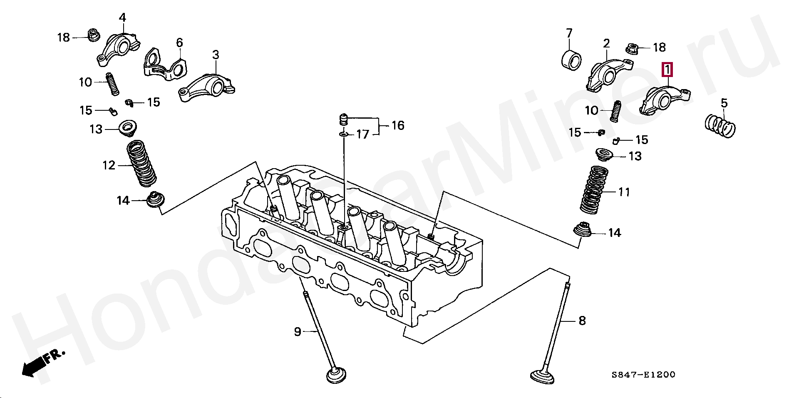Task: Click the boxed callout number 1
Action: pos(667,70)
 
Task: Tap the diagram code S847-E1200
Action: pos(643,375)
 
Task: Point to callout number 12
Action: pos(109,165)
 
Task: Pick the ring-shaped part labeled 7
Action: pos(572,60)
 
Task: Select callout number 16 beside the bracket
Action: pos(398,125)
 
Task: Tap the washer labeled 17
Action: pos(343,134)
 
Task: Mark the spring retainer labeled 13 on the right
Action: pos(604,154)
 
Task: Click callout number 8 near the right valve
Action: pos(582,321)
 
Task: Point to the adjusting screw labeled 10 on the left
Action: pos(112,84)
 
